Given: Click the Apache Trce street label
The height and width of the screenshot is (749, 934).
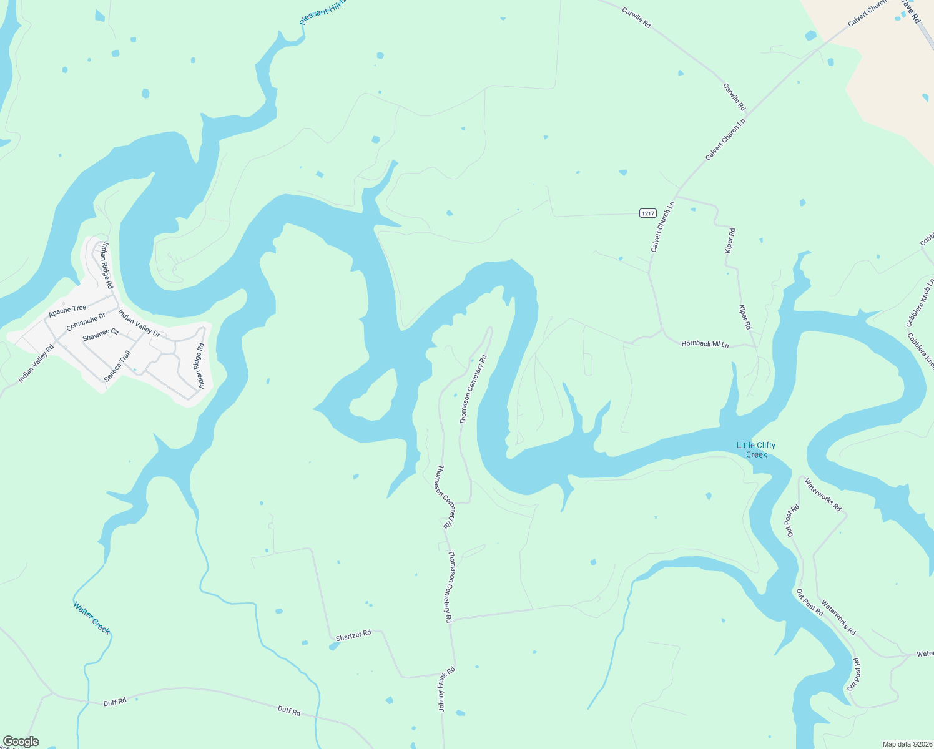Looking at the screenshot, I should click(x=67, y=310).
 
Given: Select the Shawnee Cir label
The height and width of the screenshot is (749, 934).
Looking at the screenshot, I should click(x=101, y=335).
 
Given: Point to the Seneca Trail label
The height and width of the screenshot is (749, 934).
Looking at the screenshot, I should click(x=117, y=366).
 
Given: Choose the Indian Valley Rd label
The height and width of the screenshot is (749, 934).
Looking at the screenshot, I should click(x=36, y=363).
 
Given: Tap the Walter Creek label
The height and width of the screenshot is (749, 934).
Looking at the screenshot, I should click(x=91, y=618).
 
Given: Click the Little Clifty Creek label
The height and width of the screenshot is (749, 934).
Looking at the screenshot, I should click(x=756, y=449).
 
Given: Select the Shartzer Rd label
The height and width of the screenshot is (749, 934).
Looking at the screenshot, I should click(x=353, y=635).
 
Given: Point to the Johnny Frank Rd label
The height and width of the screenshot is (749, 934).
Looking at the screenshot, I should click(x=446, y=689).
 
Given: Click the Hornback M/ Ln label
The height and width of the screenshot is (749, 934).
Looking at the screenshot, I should click(x=705, y=344).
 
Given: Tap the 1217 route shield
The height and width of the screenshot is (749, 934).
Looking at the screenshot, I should click(x=647, y=213).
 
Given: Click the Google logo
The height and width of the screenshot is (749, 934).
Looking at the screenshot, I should click(x=21, y=741).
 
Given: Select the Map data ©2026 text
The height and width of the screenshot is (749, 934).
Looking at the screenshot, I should click(x=906, y=744).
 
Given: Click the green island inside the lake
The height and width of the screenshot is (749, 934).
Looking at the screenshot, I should click(x=374, y=395).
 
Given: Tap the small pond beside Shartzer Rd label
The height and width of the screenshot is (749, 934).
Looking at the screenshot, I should click(x=334, y=646).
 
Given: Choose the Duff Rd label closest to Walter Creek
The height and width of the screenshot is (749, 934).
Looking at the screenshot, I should click(x=115, y=702).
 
